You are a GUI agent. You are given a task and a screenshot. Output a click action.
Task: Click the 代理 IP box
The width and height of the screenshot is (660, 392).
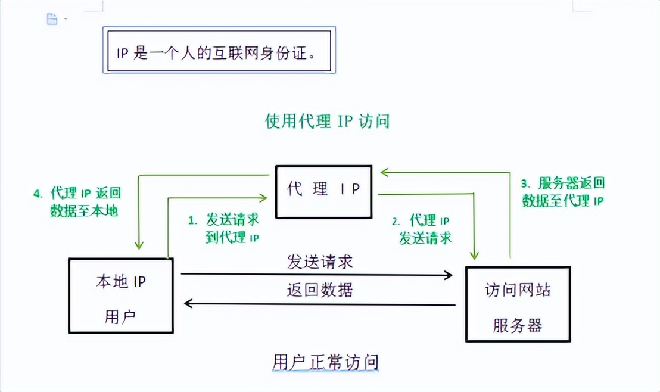click(x=323, y=191)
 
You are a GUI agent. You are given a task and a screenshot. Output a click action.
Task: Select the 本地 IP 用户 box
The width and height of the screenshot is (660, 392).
click(x=120, y=295)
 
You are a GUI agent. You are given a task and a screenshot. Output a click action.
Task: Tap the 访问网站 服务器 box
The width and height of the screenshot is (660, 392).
click(x=518, y=304)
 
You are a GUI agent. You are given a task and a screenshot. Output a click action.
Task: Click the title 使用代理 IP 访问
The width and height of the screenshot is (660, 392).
click(x=327, y=122)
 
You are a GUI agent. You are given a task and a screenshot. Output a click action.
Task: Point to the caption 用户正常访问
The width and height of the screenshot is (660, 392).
click(x=325, y=361)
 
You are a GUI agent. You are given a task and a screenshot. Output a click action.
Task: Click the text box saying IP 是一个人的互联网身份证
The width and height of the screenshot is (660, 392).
click(x=217, y=51)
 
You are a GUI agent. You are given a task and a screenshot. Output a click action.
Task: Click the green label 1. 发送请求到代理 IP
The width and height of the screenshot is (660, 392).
click(x=224, y=228)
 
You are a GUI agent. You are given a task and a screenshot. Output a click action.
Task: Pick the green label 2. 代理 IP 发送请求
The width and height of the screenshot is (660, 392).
click(x=425, y=229)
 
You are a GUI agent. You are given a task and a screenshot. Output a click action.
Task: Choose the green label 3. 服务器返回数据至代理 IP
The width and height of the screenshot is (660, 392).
click(x=563, y=192)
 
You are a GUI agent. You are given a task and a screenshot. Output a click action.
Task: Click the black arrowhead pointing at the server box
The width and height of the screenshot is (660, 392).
click(x=448, y=275)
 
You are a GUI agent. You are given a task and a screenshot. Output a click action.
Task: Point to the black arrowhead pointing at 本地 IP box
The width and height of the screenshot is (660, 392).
click(x=189, y=304)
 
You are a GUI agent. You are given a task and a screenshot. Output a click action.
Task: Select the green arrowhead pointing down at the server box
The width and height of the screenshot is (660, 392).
click(x=475, y=255)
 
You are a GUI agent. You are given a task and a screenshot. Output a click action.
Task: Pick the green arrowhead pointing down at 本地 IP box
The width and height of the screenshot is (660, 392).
click(x=139, y=245)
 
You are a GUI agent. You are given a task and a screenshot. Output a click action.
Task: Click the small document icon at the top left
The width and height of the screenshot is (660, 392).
click(x=52, y=19)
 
